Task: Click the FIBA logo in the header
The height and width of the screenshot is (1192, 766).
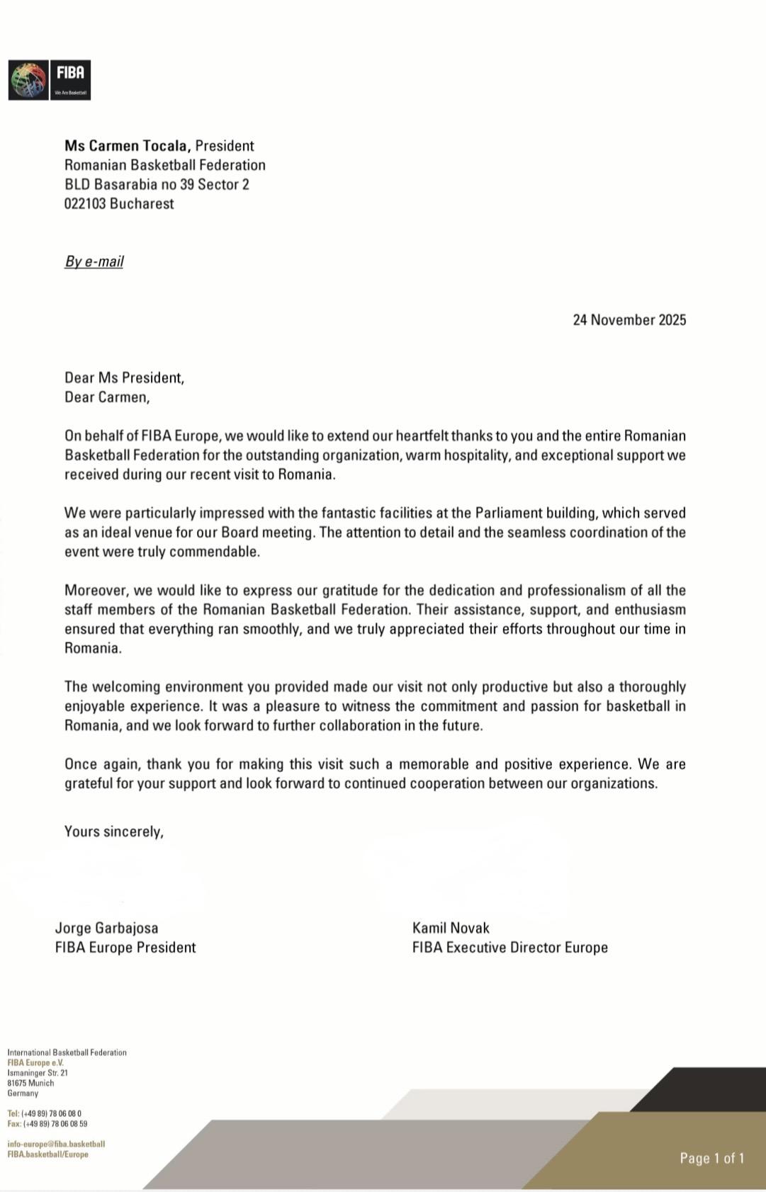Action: point(49,80)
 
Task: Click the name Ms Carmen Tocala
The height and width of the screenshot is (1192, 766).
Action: point(128,146)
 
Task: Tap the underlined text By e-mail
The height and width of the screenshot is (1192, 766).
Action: point(94,261)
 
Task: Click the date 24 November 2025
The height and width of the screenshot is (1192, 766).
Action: point(629,320)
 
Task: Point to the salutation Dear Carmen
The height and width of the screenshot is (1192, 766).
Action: point(106,397)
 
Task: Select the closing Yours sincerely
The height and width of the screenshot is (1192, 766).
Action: point(113,831)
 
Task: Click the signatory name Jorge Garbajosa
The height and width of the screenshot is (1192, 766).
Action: point(107,928)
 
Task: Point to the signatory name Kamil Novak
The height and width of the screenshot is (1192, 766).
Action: point(451,928)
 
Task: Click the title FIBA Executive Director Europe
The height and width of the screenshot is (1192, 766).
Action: point(509,948)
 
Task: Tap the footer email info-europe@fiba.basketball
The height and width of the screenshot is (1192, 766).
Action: point(56,1144)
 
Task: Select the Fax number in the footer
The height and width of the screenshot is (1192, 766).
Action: point(47,1124)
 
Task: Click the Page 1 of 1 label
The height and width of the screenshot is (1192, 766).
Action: point(711,1158)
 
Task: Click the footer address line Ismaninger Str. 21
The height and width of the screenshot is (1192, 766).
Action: point(38,1073)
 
